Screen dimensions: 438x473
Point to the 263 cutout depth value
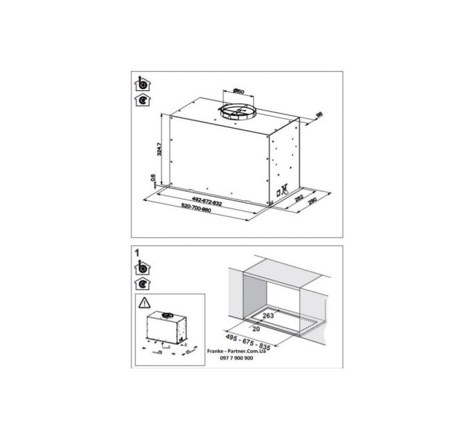tap(270, 315)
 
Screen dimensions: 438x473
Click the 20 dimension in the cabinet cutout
tap(257, 328)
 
